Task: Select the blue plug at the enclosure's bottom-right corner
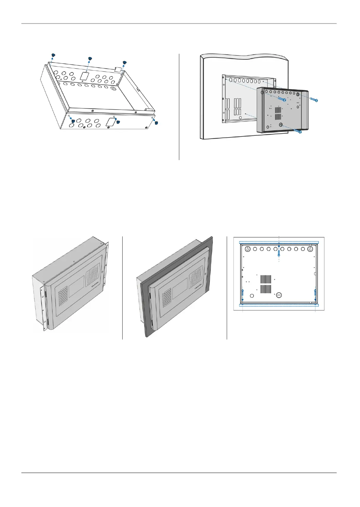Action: click(156, 123)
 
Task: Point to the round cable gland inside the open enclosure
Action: click(113, 88)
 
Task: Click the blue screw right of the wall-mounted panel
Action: click(314, 99)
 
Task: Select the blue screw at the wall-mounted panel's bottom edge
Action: click(297, 131)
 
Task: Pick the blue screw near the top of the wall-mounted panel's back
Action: click(282, 99)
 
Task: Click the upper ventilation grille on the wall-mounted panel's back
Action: click(278, 110)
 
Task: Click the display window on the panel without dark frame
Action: click(78, 287)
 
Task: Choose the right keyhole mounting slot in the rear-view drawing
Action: click(310, 249)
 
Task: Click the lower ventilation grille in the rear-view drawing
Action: click(266, 289)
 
